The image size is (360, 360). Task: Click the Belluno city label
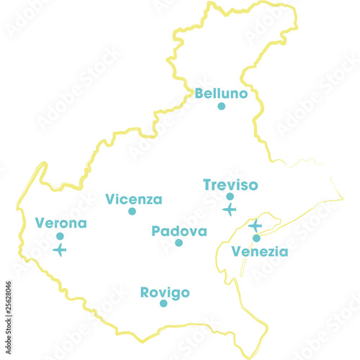click(x=221, y=94)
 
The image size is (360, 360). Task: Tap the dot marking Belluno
click(x=222, y=107)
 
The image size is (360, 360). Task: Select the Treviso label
click(x=230, y=185)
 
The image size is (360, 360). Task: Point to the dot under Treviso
click(x=230, y=197)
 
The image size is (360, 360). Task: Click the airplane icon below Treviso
click(x=229, y=210)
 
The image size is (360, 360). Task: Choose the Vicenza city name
click(x=134, y=199)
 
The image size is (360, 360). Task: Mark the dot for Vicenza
click(x=132, y=212)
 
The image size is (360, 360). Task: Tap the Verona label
click(x=60, y=223)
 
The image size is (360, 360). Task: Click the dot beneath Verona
click(x=60, y=236)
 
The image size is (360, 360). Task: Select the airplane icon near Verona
click(x=60, y=250)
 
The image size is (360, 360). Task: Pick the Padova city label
click(x=179, y=231)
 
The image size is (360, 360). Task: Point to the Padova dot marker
click(x=179, y=243)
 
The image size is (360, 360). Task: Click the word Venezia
click(x=260, y=251)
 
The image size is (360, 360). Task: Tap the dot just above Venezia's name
click(x=256, y=238)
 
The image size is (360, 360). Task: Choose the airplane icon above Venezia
click(x=255, y=225)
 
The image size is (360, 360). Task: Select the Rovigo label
click(x=165, y=292)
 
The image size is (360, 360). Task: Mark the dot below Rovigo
click(x=163, y=304)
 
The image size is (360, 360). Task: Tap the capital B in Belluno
click(x=199, y=94)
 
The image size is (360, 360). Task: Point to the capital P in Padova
click(x=156, y=231)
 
